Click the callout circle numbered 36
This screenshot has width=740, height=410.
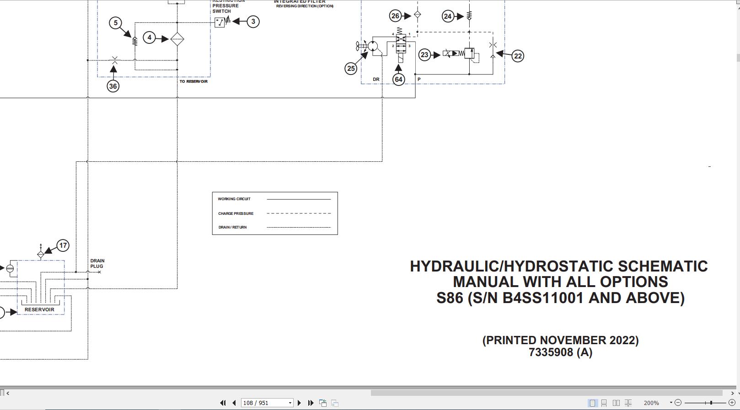tap(113, 86)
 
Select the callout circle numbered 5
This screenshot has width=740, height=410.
tap(116, 23)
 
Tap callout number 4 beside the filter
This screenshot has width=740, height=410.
tap(149, 37)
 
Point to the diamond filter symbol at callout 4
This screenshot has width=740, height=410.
tap(177, 39)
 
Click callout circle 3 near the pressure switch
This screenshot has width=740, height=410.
tap(253, 22)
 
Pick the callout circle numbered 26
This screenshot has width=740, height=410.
tap(395, 16)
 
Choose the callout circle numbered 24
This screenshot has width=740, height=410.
tap(448, 16)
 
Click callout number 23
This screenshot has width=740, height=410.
tap(424, 55)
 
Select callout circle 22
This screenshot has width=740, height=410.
tap(518, 56)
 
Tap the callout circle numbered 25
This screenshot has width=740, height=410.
tap(351, 69)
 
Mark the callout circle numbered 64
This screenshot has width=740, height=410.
tap(399, 79)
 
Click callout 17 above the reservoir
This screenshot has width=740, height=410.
tap(63, 245)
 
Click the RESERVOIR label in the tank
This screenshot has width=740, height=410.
tap(39, 309)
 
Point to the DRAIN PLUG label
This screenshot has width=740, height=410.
tap(97, 263)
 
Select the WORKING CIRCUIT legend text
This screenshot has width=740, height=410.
tap(234, 199)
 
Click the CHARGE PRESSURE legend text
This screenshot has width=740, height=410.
tap(236, 213)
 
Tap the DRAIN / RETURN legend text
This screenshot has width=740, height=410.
tap(233, 228)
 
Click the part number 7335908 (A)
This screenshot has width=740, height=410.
tap(561, 352)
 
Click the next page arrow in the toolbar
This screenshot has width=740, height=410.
tap(299, 403)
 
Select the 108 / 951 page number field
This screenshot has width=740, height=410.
tap(267, 403)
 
